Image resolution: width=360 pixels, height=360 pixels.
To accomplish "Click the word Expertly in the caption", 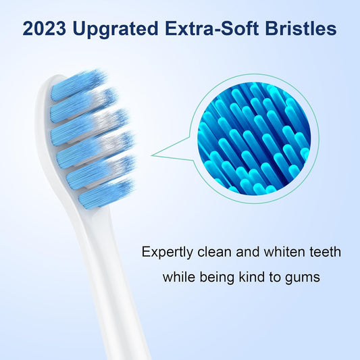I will click(x=165, y=253).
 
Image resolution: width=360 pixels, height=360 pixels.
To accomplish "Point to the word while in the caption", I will click(x=179, y=276).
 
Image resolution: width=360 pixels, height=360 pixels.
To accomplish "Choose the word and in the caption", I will click(x=245, y=253).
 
